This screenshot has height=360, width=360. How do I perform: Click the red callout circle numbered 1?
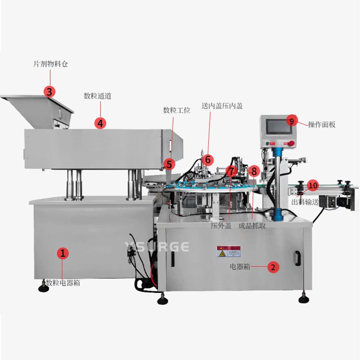tap(63, 253)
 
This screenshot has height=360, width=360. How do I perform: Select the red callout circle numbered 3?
tap(50, 91)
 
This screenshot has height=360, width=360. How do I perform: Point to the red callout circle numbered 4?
tap(100, 122)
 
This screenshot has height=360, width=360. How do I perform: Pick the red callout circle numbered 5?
tap(169, 164)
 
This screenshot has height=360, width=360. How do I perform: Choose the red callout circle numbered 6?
tap(207, 159)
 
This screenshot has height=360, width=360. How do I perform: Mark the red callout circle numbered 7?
tap(231, 171)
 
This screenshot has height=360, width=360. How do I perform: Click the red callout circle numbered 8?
tap(254, 171)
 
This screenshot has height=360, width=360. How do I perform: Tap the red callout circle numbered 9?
tap(291, 121)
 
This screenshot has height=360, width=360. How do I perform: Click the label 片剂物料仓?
tap(51, 64)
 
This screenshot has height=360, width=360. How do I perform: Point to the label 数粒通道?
tap(98, 95)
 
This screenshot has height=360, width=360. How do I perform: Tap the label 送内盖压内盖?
tap(222, 106)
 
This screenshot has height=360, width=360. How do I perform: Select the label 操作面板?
tap(322, 124)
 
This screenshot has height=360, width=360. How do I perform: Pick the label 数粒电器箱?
tap(63, 283)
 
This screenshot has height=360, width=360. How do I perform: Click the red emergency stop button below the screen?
tap(290, 144)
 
